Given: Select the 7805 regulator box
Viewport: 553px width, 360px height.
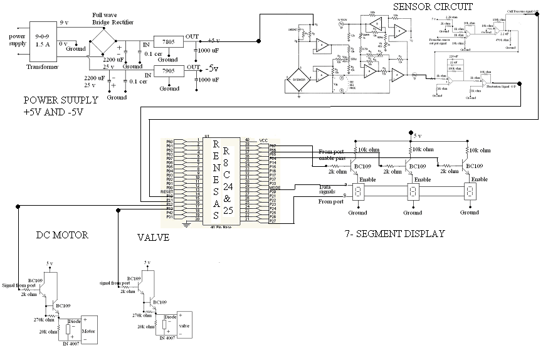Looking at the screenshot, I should point(169,43).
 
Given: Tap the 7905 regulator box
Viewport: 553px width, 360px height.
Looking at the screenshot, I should point(169,71).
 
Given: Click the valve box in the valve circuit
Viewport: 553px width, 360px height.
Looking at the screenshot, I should point(184,325).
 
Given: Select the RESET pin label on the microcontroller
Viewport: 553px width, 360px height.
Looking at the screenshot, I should point(166,191).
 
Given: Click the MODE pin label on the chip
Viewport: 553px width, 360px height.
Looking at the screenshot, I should point(274,188).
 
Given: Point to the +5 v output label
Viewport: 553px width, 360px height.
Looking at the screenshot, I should point(213,40).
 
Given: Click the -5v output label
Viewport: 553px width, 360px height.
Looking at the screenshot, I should point(212,69).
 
